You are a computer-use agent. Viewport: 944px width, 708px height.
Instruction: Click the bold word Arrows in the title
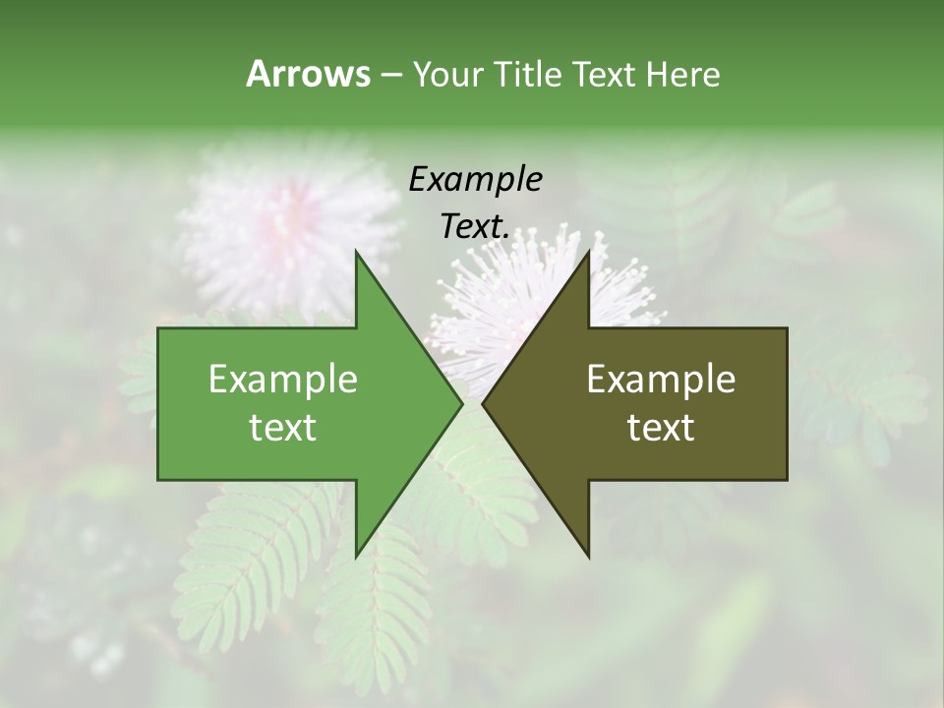pyautogui.click(x=308, y=74)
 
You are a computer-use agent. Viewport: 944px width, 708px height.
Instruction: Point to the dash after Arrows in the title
pyautogui.click(x=390, y=75)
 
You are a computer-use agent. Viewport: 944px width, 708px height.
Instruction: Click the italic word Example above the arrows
pyautogui.click(x=476, y=180)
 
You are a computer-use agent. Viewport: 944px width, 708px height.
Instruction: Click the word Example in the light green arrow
pyautogui.click(x=283, y=380)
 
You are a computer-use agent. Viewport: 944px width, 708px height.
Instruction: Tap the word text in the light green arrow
pyautogui.click(x=283, y=428)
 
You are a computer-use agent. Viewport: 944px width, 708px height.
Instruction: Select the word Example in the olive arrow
pyautogui.click(x=661, y=380)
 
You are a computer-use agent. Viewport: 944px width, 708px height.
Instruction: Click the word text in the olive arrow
pyautogui.click(x=661, y=428)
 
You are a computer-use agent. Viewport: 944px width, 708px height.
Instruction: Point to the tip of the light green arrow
pyautogui.click(x=462, y=404)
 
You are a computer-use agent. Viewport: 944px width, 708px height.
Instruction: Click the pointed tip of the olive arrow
pyautogui.click(x=483, y=404)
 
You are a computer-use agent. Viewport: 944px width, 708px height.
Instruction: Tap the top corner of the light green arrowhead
pyautogui.click(x=356, y=252)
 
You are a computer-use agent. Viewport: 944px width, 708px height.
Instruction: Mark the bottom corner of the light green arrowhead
pyautogui.click(x=356, y=557)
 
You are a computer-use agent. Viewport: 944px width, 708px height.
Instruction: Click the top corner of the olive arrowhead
pyautogui.click(x=589, y=252)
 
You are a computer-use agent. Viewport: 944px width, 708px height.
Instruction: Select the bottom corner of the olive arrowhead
pyautogui.click(x=589, y=557)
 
